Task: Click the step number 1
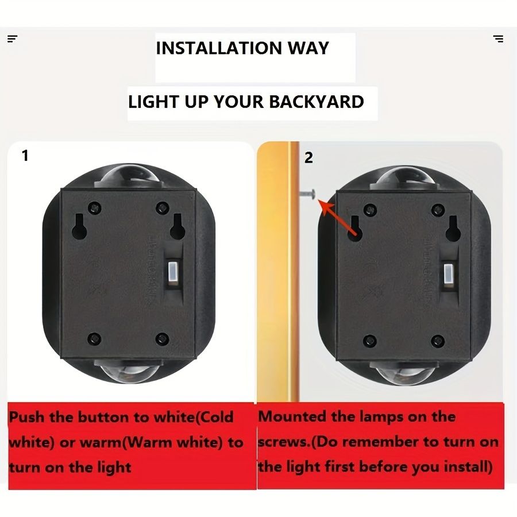(x=25, y=155)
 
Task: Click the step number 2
(x=308, y=157)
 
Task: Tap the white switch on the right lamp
(x=447, y=273)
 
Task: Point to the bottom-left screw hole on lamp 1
(x=95, y=339)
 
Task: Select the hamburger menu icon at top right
(x=498, y=39)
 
